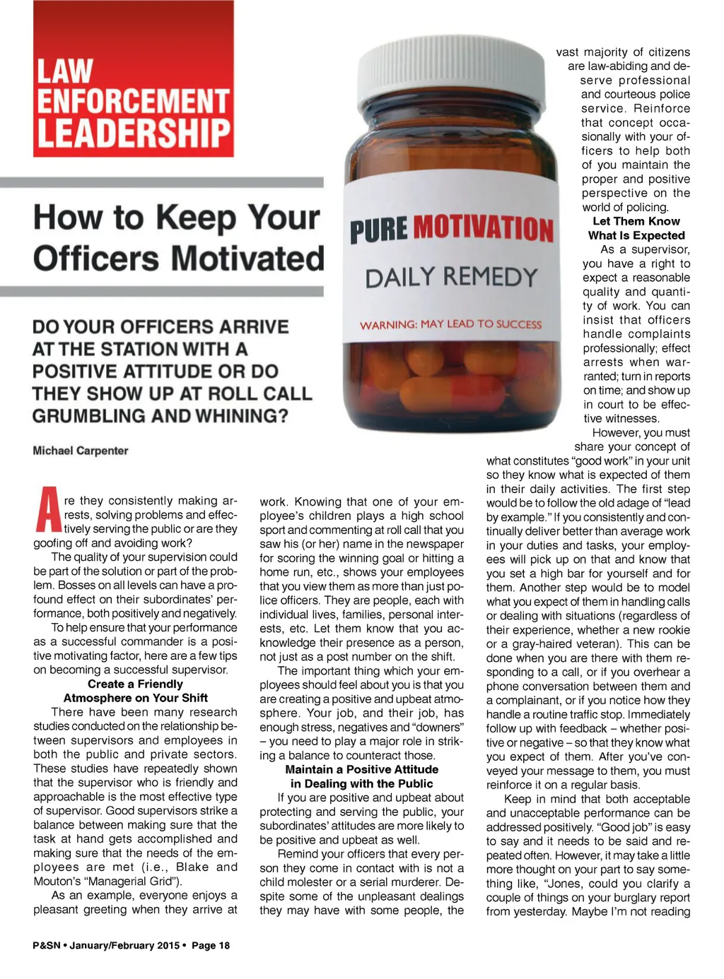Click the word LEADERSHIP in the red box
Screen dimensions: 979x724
pyautogui.click(x=134, y=134)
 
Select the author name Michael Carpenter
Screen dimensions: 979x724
pyautogui.click(x=81, y=451)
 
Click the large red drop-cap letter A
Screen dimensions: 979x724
pyautogui.click(x=48, y=509)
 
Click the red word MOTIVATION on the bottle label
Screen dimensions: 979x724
pyautogui.click(x=483, y=229)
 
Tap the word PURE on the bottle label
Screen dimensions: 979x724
pyautogui.click(x=378, y=231)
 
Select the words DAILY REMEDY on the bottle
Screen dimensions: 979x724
pyautogui.click(x=451, y=277)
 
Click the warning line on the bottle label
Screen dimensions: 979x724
pyautogui.click(x=450, y=324)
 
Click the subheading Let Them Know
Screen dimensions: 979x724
pyautogui.click(x=636, y=221)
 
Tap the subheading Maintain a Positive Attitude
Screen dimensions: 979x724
pyautogui.click(x=361, y=769)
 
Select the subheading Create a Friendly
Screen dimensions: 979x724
pyautogui.click(x=135, y=684)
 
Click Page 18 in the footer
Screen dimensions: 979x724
pyautogui.click(x=211, y=945)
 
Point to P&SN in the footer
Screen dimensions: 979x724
pyautogui.click(x=47, y=945)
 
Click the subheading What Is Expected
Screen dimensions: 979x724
pyautogui.click(x=636, y=235)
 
